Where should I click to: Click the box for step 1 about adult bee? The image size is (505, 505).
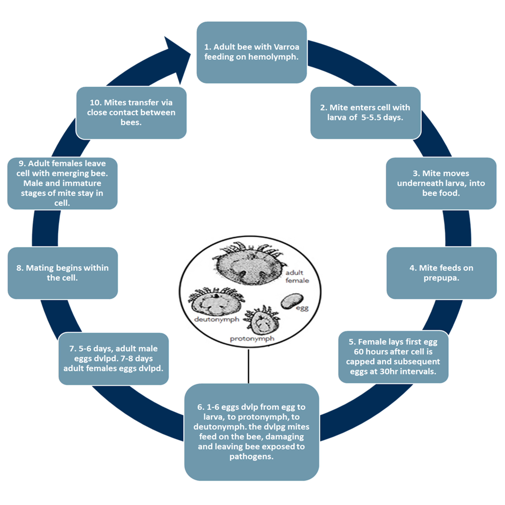[251, 52]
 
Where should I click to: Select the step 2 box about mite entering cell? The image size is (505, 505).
[365, 113]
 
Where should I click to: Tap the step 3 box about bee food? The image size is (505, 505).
[441, 183]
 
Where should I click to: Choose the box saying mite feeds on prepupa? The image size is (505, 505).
[441, 273]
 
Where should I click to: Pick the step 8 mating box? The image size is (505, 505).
[62, 273]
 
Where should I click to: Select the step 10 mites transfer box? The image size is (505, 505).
[131, 113]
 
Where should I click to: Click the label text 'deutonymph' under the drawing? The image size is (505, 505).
[216, 319]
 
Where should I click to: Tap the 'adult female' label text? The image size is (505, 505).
[297, 276]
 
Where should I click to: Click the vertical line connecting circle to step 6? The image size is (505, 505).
[248, 366]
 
